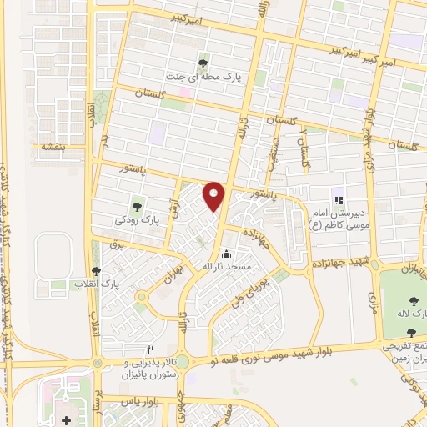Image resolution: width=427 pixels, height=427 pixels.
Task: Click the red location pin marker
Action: coord(214,195)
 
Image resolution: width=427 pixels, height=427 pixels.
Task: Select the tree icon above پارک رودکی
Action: coord(137,203)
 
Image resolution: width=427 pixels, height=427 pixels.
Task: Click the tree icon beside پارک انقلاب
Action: coord(98,271)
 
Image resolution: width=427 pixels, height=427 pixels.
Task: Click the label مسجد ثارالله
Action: coord(218,266)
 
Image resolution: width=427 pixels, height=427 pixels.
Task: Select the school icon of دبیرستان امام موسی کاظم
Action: coord(339,199)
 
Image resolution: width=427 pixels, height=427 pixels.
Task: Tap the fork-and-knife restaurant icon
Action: coord(151,349)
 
